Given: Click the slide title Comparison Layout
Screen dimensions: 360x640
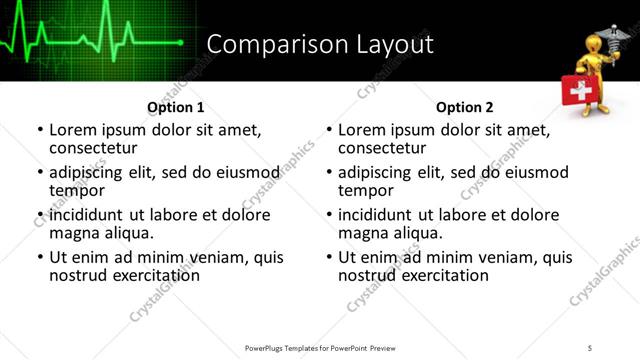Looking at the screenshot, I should point(320,44).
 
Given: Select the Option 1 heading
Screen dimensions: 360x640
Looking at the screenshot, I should point(176,107).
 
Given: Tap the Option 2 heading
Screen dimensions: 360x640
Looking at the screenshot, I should point(465,107).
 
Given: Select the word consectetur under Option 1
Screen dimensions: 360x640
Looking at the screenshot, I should point(93,148).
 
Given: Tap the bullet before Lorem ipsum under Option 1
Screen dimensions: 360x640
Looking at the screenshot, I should point(40,130).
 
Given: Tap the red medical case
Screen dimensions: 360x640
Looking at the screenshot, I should point(577,94).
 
